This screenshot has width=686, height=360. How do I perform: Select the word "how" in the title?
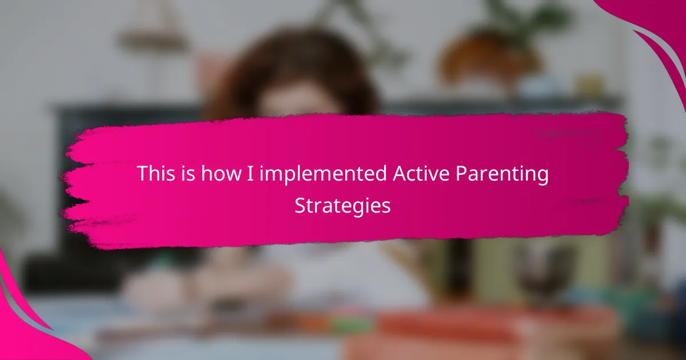click(221, 173)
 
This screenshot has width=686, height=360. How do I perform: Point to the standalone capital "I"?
click(250, 174)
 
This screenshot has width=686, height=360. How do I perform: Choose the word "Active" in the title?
click(421, 173)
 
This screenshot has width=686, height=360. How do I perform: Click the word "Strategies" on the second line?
click(342, 206)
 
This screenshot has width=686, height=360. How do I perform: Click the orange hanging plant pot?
click(490, 55)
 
